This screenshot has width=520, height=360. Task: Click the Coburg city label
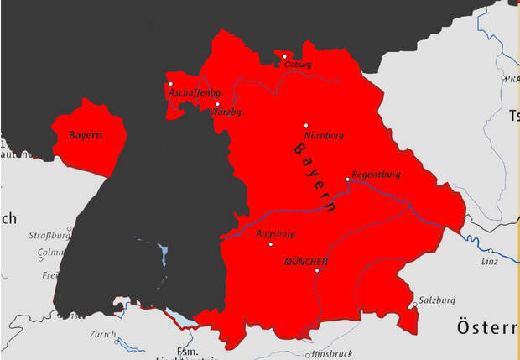[298, 65]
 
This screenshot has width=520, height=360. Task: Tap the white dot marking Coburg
[284, 56]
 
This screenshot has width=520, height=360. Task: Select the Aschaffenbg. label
[194, 92]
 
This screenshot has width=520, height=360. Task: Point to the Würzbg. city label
[227, 112]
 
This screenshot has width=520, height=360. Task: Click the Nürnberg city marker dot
[306, 126]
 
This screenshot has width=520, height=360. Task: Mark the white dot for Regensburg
[347, 179]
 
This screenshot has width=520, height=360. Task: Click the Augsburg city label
[275, 232]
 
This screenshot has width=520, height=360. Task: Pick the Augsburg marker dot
[270, 244]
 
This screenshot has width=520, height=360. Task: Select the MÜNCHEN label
[306, 262]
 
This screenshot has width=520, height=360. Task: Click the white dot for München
[317, 270]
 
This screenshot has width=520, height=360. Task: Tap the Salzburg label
[436, 300]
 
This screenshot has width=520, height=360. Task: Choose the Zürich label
[102, 333]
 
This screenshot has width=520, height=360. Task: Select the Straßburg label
[49, 235]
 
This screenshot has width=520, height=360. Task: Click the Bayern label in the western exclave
[86, 135]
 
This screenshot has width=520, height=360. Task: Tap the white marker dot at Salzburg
[414, 305]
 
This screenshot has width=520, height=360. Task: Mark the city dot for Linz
[491, 250]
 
